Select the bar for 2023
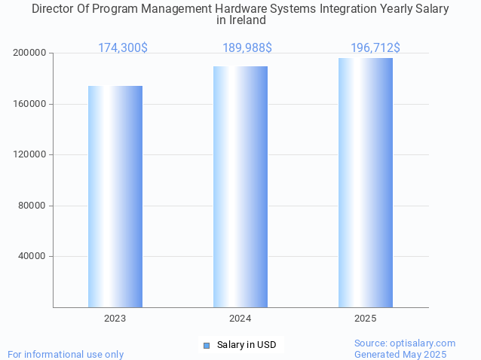click(115, 197)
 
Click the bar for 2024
click(240, 187)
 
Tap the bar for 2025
click(366, 182)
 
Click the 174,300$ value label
click(123, 48)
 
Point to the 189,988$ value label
click(247, 48)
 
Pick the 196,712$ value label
click(375, 48)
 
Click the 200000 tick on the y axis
click(30, 53)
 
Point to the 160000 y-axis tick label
click(30, 104)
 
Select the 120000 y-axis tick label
click(30, 155)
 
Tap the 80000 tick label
click(32, 206)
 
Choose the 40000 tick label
click(32, 257)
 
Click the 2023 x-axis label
click(115, 319)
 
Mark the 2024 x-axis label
click(240, 319)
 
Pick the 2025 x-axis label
click(366, 319)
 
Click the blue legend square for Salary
click(207, 346)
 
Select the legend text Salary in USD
click(247, 346)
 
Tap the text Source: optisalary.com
click(405, 343)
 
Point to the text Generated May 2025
click(400, 355)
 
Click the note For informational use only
click(66, 355)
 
